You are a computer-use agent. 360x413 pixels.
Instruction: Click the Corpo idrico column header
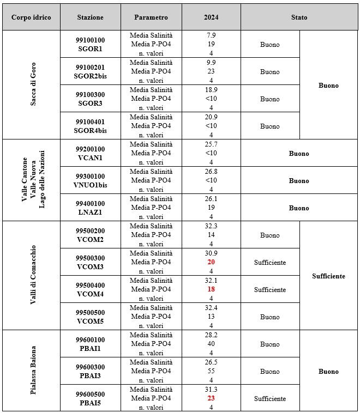[31, 17]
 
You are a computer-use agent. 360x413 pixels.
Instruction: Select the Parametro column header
[151, 17]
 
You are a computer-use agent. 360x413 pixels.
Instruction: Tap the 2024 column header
[211, 17]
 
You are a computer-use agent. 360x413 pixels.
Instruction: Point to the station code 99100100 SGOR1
[90, 44]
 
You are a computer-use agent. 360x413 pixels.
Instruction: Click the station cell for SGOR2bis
[90, 71]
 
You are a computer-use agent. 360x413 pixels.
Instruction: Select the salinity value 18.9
[211, 90]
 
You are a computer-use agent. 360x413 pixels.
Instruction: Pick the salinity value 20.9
[211, 117]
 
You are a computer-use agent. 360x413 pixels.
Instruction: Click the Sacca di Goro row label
[31, 85]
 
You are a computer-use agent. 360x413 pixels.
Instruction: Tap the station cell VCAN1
[90, 153]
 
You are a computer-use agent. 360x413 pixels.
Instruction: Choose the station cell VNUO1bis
[90, 180]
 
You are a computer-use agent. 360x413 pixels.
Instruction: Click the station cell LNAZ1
[90, 208]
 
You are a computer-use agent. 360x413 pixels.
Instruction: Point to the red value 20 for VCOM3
[211, 262]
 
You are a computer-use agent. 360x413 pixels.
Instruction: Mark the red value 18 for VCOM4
[211, 289]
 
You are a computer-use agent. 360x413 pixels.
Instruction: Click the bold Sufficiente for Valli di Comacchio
[328, 276]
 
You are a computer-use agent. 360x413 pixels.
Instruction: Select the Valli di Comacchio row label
[31, 276]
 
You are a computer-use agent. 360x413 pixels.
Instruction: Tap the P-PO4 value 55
[211, 371]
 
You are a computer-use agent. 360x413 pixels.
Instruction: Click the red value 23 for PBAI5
[211, 398]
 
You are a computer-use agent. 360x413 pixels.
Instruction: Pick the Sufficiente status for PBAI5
[269, 399]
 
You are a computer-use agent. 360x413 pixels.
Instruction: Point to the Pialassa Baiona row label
[31, 371]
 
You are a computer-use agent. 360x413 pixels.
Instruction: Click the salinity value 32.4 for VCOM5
[211, 308]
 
